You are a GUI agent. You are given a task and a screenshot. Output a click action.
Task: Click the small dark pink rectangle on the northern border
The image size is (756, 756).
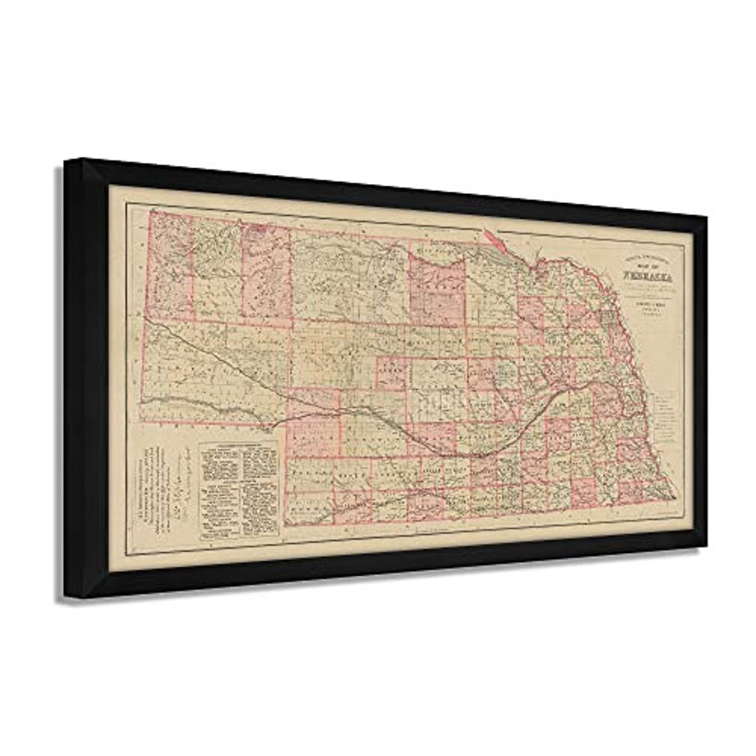257,227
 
